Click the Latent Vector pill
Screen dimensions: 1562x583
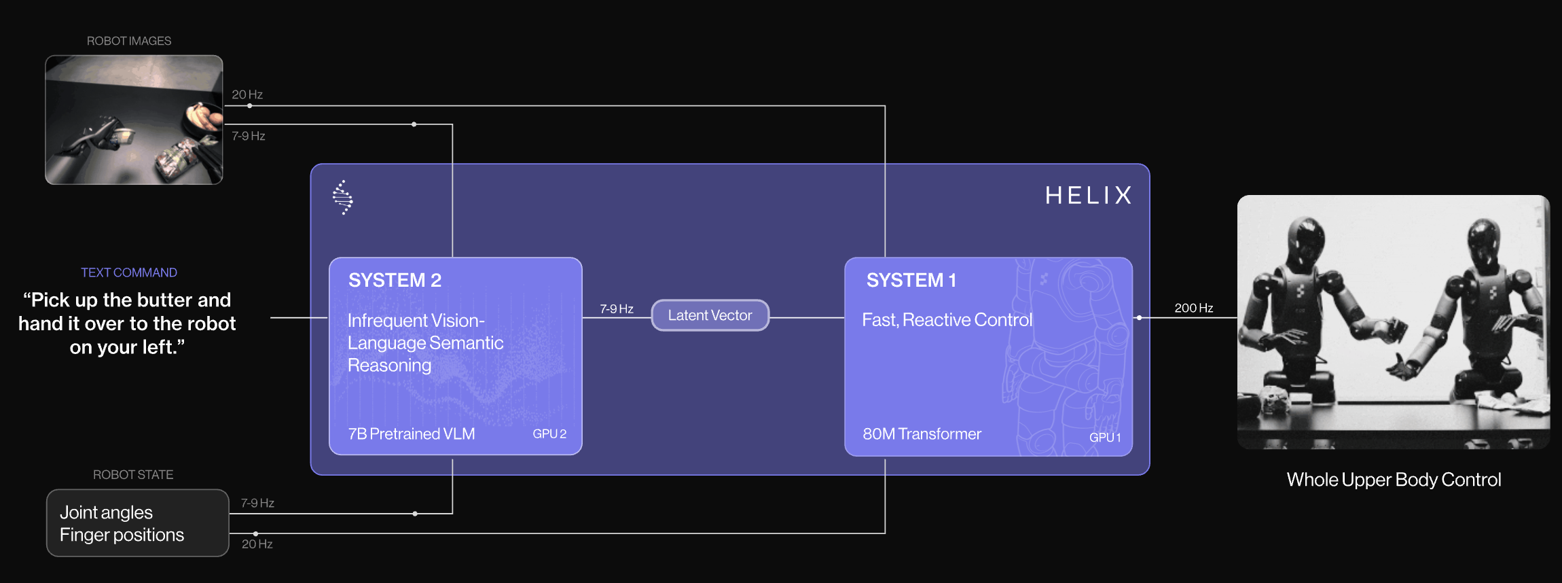tap(710, 315)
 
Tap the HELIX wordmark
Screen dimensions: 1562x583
tap(1089, 196)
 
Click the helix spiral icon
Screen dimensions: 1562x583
tap(342, 198)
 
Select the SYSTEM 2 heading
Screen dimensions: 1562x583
tap(395, 280)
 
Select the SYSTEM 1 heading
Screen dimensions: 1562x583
tap(911, 280)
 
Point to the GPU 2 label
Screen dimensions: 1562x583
tap(549, 434)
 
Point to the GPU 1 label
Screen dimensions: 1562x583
tap(1105, 438)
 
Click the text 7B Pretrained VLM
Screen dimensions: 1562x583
tap(412, 434)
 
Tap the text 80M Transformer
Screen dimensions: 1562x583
tap(922, 434)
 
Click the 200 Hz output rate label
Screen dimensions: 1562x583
tap(1194, 308)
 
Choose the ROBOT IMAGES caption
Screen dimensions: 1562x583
tap(129, 41)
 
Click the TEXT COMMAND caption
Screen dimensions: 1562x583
tap(129, 272)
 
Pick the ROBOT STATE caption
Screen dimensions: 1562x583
tap(133, 474)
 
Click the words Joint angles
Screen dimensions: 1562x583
tap(106, 512)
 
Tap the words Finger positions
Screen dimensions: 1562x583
tap(122, 535)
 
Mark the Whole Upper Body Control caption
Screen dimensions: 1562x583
tap(1394, 480)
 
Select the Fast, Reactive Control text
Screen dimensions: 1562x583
tap(947, 319)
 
